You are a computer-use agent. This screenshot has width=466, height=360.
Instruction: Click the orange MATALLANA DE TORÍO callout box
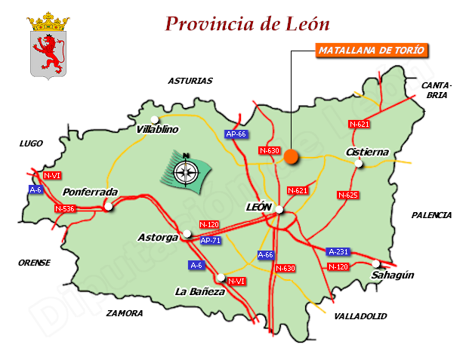pos(372,51)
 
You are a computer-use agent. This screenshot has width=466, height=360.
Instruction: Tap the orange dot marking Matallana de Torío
pos(292,157)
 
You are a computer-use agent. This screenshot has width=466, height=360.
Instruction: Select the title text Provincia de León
pos(247,23)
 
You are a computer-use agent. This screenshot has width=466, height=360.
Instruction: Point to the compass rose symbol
pos(184,171)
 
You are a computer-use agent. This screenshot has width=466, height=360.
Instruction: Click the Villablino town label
pos(157,129)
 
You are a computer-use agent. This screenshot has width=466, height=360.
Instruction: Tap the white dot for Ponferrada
pos(109,206)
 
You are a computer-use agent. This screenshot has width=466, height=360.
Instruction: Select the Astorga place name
pos(158,237)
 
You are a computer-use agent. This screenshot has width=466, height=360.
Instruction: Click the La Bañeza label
pos(199,291)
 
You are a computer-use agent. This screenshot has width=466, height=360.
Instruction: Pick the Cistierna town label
pos(367,152)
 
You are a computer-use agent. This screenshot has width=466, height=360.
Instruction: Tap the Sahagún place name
pos(393,275)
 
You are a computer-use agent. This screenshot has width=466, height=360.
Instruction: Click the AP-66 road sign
pos(236,134)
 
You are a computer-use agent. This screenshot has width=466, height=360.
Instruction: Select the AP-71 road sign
pos(211,240)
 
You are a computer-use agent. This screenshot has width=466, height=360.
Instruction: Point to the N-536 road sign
pos(65,208)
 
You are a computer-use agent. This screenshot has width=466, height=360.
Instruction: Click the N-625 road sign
pos(348,195)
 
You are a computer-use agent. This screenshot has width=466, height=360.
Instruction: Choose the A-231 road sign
pos(338,251)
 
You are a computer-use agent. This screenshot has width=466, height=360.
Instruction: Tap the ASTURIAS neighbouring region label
pos(190,81)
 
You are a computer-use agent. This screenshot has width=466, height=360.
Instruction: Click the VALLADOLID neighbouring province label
pos(360,315)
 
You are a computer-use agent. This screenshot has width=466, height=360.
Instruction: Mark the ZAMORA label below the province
pos(125,312)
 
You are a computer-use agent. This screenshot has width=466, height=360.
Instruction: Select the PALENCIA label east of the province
pos(431,215)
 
